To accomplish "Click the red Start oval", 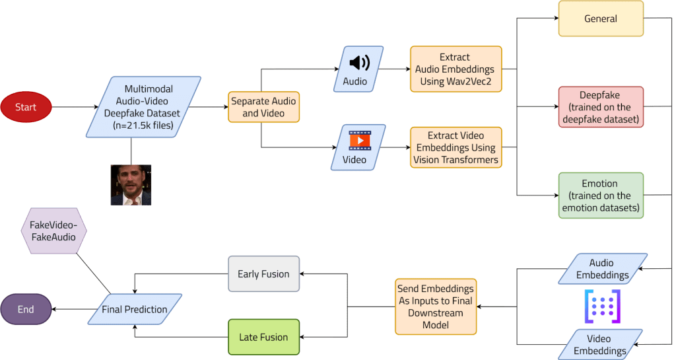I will [x=26, y=107].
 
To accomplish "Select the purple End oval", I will [x=26, y=309].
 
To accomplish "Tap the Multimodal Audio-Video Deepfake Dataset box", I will [x=143, y=107].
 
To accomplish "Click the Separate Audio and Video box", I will [x=263, y=107].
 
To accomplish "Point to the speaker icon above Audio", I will [x=359, y=63].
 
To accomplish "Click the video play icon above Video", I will [x=359, y=140].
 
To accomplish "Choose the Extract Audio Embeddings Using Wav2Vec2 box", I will [x=454, y=69].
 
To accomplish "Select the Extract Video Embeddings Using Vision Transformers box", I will [x=454, y=147].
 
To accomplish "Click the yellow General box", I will [x=600, y=18].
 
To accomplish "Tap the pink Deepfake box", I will [x=600, y=107].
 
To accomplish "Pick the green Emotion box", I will [x=600, y=196].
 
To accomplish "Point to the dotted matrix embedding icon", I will [x=601, y=306].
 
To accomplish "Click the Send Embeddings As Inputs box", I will [x=435, y=306].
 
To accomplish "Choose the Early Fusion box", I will [x=263, y=274].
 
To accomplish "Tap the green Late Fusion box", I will [x=263, y=337].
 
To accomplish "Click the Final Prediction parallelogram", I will [x=135, y=309].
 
